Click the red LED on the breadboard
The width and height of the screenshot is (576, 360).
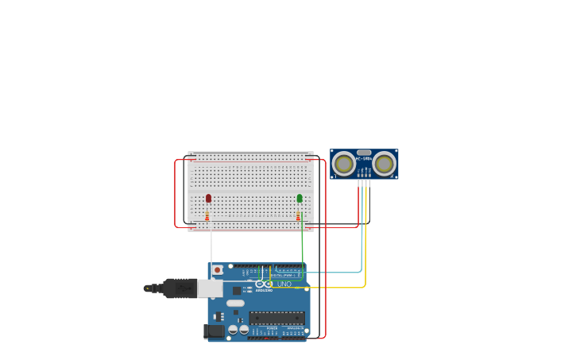(208, 199)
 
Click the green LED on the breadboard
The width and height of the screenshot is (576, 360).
(300, 198)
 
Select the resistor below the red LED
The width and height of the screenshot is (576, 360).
(207, 215)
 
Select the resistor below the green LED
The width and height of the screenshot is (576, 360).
(299, 215)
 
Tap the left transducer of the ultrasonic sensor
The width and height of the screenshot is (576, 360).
(344, 164)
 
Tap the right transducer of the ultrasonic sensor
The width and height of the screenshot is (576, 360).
(385, 164)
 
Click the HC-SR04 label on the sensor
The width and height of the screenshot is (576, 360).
(364, 159)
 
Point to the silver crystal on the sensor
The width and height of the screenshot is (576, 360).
(364, 152)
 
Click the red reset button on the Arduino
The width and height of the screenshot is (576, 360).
(217, 270)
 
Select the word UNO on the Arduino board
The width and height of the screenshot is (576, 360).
(284, 284)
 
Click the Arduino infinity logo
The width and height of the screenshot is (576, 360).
(264, 284)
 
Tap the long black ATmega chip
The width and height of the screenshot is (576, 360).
(276, 318)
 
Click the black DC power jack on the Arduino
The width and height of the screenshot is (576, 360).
(214, 331)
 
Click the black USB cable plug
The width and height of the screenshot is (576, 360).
(179, 288)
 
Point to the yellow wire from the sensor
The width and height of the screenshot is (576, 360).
(365, 262)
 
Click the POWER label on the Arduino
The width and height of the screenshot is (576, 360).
(271, 327)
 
